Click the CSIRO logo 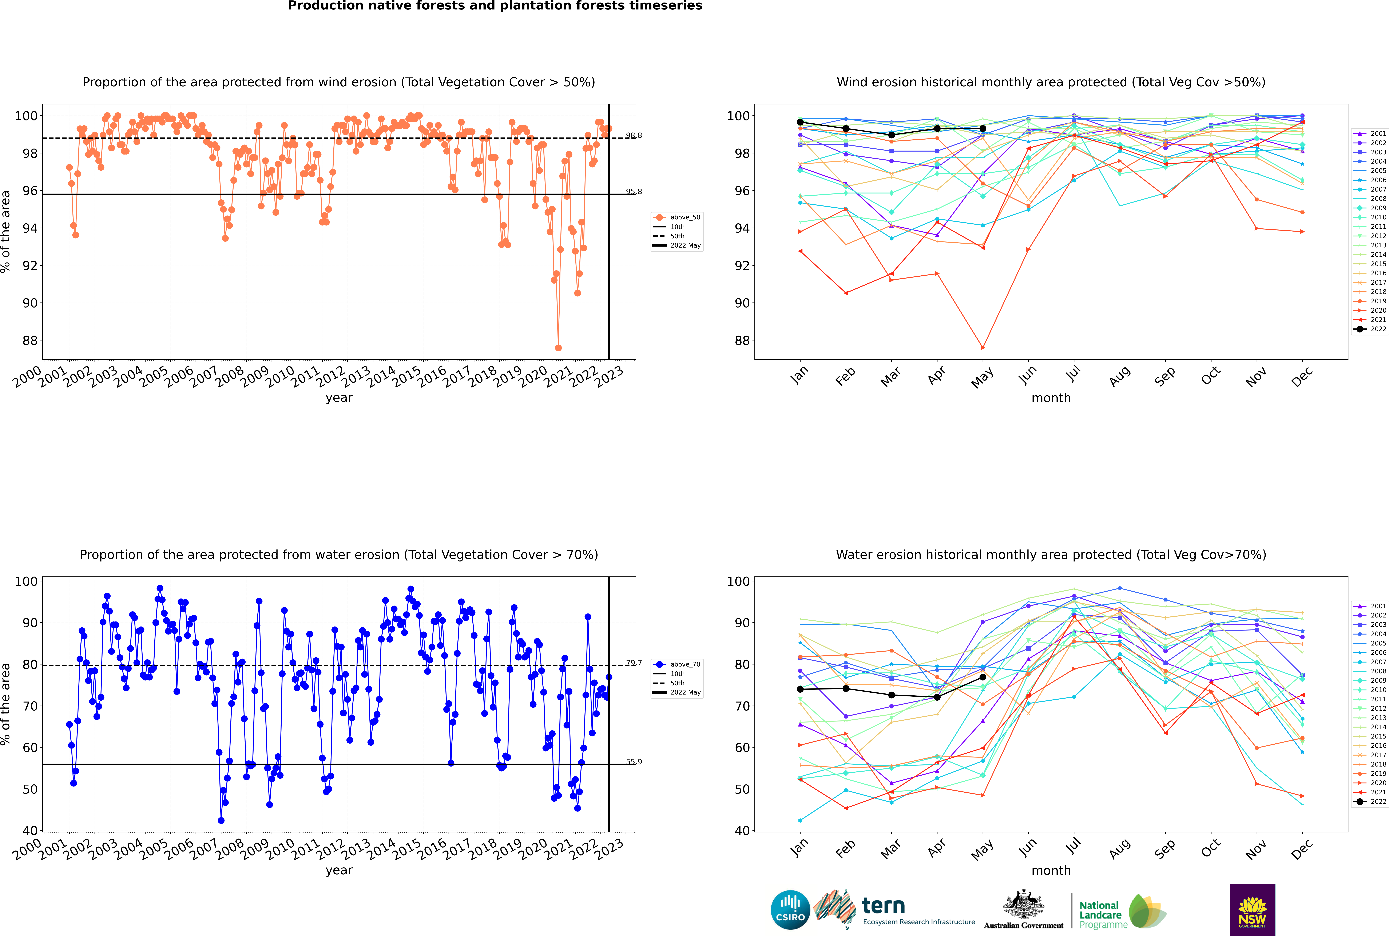[x=790, y=910]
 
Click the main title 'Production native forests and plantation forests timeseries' [x=495, y=6]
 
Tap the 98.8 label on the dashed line [x=634, y=136]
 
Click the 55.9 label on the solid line [x=634, y=762]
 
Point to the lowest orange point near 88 [x=558, y=348]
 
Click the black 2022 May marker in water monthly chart [x=982, y=677]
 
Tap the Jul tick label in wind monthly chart [x=1073, y=374]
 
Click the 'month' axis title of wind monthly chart [x=1051, y=398]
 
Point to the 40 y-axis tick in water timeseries [x=30, y=830]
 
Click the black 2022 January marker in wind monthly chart [x=800, y=122]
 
